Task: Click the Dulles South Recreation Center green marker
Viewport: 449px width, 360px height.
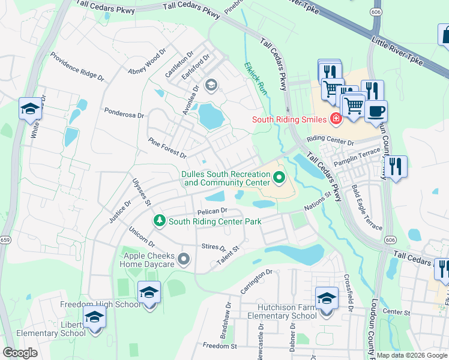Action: click(x=279, y=177)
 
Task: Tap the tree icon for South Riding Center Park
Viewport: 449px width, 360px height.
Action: click(x=160, y=221)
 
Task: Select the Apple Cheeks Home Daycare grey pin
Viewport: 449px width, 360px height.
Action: click(x=184, y=259)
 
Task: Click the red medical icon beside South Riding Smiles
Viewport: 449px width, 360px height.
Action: click(x=336, y=119)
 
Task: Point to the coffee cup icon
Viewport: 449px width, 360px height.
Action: click(x=376, y=111)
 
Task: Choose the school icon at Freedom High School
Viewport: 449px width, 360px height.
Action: click(x=149, y=292)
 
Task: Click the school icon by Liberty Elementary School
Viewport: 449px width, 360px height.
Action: click(x=94, y=317)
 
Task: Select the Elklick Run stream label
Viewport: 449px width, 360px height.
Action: click(x=255, y=77)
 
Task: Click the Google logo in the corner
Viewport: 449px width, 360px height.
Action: click(x=20, y=352)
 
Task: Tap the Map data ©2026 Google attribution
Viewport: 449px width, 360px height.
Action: click(x=412, y=355)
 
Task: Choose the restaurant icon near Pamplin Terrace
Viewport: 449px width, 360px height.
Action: click(x=395, y=166)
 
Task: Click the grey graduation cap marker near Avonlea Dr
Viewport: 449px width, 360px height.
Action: click(x=210, y=85)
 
